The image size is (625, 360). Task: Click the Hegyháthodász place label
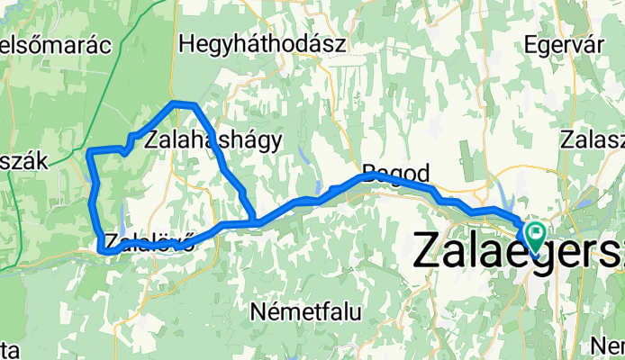(x=237, y=42)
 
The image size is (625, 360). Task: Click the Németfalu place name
(x=305, y=313)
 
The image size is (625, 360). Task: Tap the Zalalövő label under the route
(x=149, y=242)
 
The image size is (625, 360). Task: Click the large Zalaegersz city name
(x=519, y=249)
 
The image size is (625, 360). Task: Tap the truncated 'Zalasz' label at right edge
(x=592, y=139)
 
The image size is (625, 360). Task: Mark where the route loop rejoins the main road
(x=257, y=221)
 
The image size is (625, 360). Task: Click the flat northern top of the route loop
(x=184, y=105)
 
